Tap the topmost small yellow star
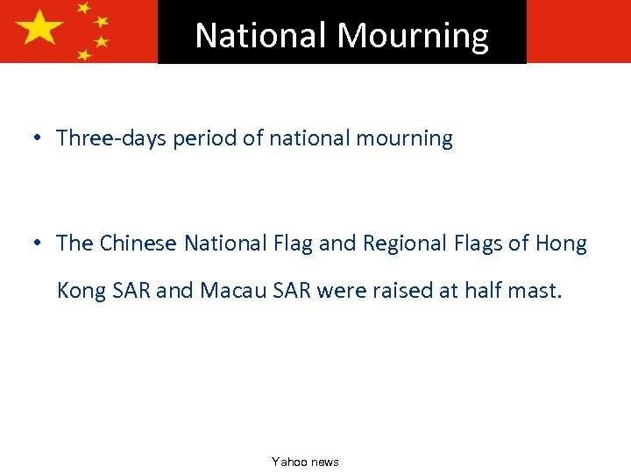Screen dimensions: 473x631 [84, 8]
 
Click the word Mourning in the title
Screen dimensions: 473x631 [413, 35]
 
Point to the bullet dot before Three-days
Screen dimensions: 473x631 [38, 138]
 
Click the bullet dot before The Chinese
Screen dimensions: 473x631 [38, 244]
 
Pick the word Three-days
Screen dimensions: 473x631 [110, 138]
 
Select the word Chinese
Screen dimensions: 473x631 [139, 244]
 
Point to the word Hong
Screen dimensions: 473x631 [560, 244]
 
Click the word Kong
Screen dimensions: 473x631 [81, 290]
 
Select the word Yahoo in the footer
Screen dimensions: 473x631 [287, 462]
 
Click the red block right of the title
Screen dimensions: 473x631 [578, 31]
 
